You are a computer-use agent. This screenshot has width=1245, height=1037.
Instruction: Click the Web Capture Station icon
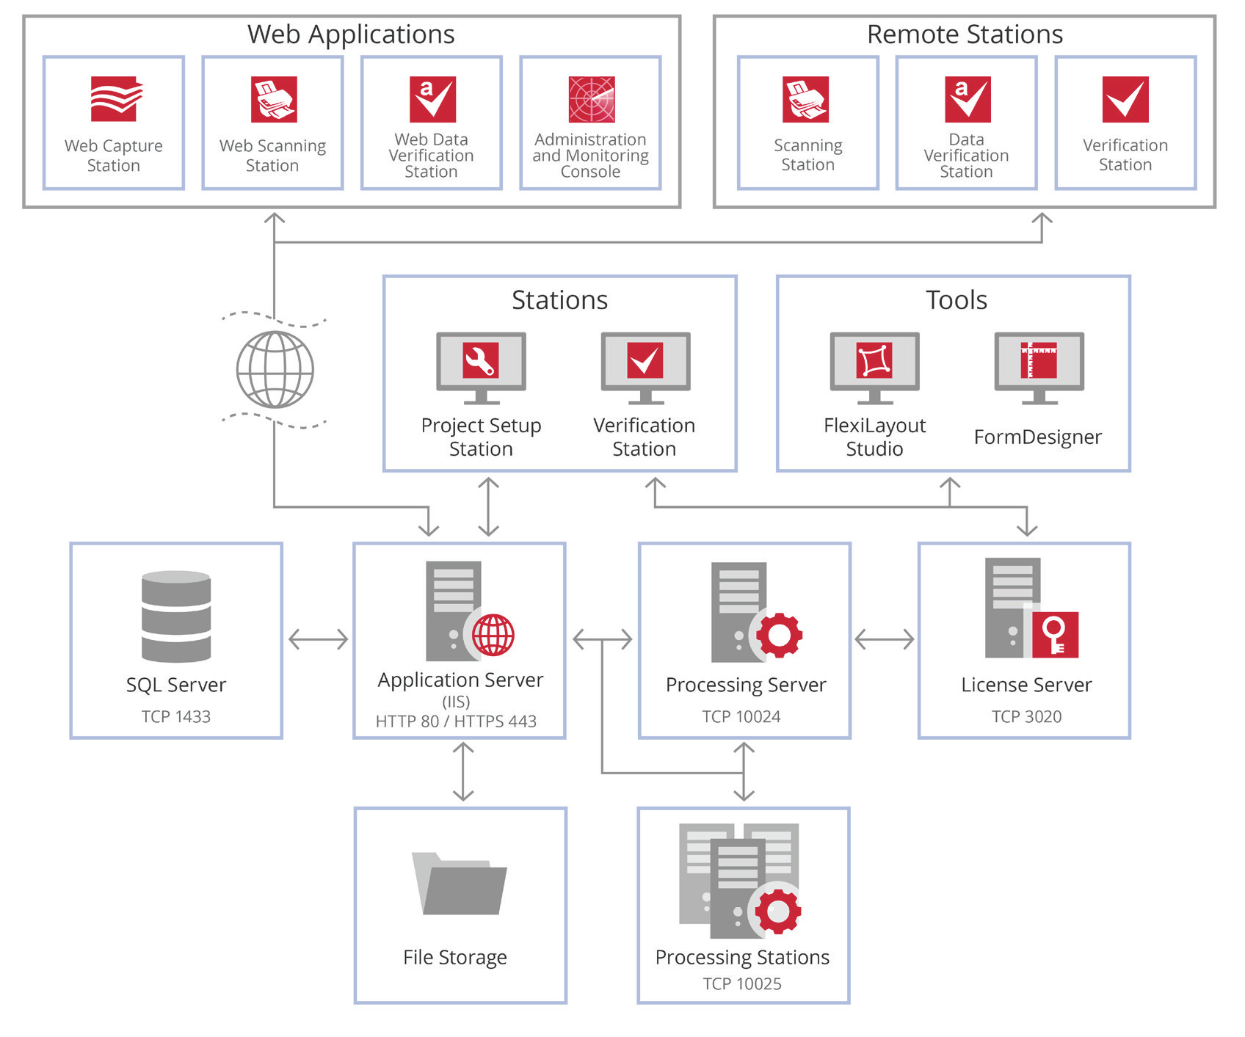tap(114, 99)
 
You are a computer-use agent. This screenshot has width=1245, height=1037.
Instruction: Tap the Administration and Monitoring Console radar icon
tap(591, 99)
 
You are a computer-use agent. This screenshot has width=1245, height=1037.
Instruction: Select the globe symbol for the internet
tap(275, 369)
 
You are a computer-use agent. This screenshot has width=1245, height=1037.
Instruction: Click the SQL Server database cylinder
tap(176, 616)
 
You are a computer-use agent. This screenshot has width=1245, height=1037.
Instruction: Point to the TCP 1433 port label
tap(176, 716)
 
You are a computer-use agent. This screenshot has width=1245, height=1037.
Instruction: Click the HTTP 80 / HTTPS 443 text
tap(456, 721)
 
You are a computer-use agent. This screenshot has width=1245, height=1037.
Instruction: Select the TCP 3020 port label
tap(1026, 716)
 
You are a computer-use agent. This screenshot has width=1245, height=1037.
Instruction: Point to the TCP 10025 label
tap(742, 983)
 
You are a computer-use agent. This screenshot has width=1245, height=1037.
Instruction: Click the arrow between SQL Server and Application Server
tap(318, 639)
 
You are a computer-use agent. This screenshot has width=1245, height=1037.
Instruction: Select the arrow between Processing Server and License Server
tap(885, 639)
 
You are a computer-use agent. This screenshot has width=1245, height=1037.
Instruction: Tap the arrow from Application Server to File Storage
tap(463, 772)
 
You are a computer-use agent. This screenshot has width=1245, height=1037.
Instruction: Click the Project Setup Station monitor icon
tap(481, 367)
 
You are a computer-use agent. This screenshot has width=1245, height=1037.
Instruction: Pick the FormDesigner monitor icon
tap(1039, 367)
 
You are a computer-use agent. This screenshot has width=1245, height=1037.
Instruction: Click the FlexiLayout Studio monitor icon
tap(874, 367)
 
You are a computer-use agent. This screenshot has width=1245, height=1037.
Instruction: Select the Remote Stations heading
tap(965, 34)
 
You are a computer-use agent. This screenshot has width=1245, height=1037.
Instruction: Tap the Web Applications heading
tap(351, 34)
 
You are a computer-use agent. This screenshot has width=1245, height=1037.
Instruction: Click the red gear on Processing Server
tap(779, 634)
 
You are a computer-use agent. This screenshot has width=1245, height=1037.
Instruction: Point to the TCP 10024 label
tap(741, 716)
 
